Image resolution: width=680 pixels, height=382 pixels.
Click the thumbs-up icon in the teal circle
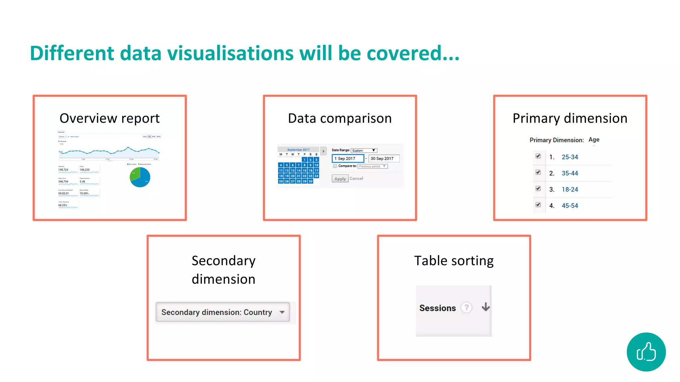pyautogui.click(x=646, y=352)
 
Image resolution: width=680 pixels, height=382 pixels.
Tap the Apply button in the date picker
pyautogui.click(x=340, y=179)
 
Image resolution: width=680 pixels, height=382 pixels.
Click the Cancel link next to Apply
pyautogui.click(x=356, y=178)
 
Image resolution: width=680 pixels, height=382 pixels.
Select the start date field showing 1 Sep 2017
pyautogui.click(x=348, y=159)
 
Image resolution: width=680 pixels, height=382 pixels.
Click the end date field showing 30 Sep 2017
pyautogui.click(x=383, y=159)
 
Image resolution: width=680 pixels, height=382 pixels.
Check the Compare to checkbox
pyautogui.click(x=335, y=166)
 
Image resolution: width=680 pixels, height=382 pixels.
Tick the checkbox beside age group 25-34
pyautogui.click(x=538, y=156)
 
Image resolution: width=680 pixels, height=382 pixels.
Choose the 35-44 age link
pyautogui.click(x=570, y=173)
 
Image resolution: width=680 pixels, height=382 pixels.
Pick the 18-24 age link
pyautogui.click(x=570, y=189)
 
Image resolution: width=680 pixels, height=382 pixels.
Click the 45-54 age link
pyautogui.click(x=570, y=206)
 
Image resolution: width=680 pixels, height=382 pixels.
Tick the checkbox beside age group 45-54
pyautogui.click(x=538, y=205)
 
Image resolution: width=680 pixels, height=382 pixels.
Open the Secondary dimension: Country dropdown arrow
pyautogui.click(x=282, y=312)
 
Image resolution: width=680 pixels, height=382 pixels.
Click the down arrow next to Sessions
pyautogui.click(x=486, y=307)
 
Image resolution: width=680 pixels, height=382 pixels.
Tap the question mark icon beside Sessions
pyautogui.click(x=467, y=308)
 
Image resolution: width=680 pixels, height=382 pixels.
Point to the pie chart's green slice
pyautogui.click(x=135, y=174)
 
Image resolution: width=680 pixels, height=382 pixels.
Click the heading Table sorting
pyautogui.click(x=454, y=261)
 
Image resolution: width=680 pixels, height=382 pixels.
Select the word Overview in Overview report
pyautogui.click(x=88, y=118)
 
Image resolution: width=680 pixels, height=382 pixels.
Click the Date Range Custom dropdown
pyautogui.click(x=364, y=151)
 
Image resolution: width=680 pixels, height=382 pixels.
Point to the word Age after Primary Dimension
pyautogui.click(x=594, y=140)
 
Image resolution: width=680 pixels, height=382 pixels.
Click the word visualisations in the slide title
pyautogui.click(x=230, y=53)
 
